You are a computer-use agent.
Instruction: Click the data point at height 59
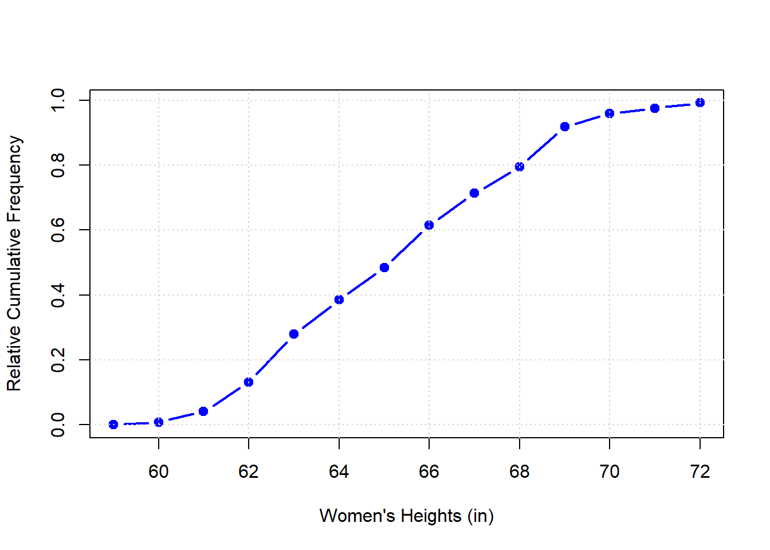click(x=113, y=425)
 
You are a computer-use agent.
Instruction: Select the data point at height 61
click(x=203, y=411)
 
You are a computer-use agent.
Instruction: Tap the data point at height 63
click(x=294, y=334)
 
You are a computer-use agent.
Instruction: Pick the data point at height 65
click(x=384, y=268)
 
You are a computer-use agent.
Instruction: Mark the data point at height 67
click(x=474, y=193)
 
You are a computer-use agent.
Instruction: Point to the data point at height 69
click(x=565, y=127)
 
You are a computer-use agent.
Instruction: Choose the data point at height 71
click(x=655, y=108)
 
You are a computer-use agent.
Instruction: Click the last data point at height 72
click(x=700, y=103)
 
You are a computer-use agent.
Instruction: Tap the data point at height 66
click(x=429, y=225)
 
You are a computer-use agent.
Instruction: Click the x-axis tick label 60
click(x=159, y=472)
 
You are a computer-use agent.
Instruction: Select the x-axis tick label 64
click(x=339, y=472)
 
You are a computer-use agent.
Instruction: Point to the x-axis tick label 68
click(x=520, y=472)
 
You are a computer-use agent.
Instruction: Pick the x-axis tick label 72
click(x=700, y=472)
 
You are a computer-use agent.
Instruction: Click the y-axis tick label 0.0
click(x=58, y=425)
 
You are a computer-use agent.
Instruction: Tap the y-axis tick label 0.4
click(x=58, y=295)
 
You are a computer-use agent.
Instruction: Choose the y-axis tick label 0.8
click(x=58, y=165)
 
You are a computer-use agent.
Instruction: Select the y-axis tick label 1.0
click(x=58, y=100)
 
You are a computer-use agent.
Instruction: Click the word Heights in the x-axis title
click(x=431, y=516)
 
